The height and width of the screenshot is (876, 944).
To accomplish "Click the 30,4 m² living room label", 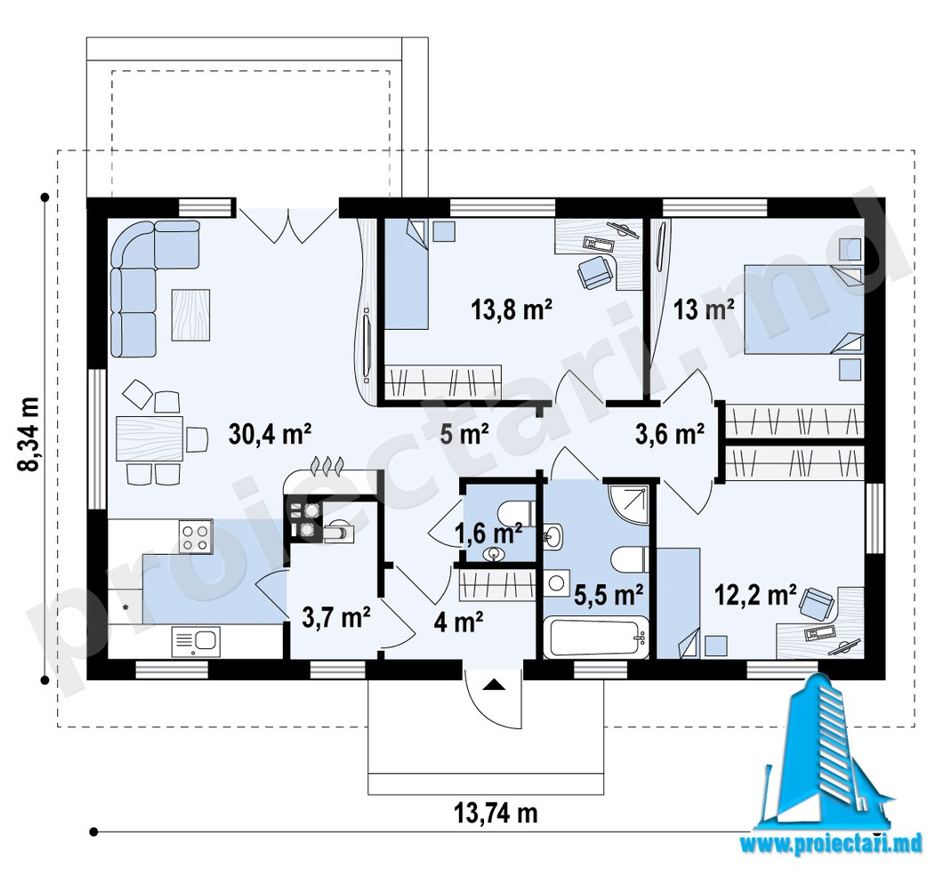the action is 270,433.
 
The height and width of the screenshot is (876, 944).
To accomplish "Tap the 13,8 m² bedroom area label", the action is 512,309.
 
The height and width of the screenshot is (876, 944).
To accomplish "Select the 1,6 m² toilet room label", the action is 488,533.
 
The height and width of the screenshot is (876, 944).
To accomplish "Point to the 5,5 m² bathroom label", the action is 609,595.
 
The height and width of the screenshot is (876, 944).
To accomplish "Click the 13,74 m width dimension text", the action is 495,814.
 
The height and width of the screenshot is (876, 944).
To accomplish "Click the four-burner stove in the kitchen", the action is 196,536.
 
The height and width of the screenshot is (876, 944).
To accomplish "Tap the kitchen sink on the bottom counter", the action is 196,641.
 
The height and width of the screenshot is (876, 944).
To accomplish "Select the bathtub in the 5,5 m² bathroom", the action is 595,638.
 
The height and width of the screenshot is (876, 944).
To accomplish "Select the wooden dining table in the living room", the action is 149,438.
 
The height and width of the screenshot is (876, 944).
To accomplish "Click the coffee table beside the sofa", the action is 191,315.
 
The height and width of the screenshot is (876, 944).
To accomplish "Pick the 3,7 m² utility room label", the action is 336,618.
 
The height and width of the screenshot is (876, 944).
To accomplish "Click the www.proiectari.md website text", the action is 831,843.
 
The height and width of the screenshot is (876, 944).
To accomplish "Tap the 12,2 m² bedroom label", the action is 755,595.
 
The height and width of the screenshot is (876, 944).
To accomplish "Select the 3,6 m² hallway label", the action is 670,433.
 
